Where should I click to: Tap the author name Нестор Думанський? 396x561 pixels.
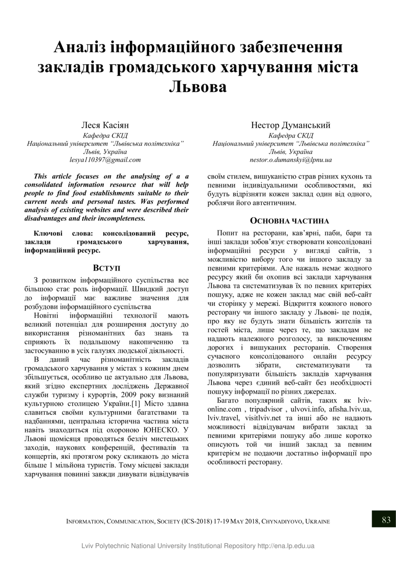[291, 125]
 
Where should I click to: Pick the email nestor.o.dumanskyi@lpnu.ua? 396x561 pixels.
[291, 160]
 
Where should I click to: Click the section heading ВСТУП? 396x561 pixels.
[106, 268]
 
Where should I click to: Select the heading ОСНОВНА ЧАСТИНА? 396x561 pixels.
[289, 221]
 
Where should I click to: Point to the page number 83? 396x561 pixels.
[386, 520]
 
